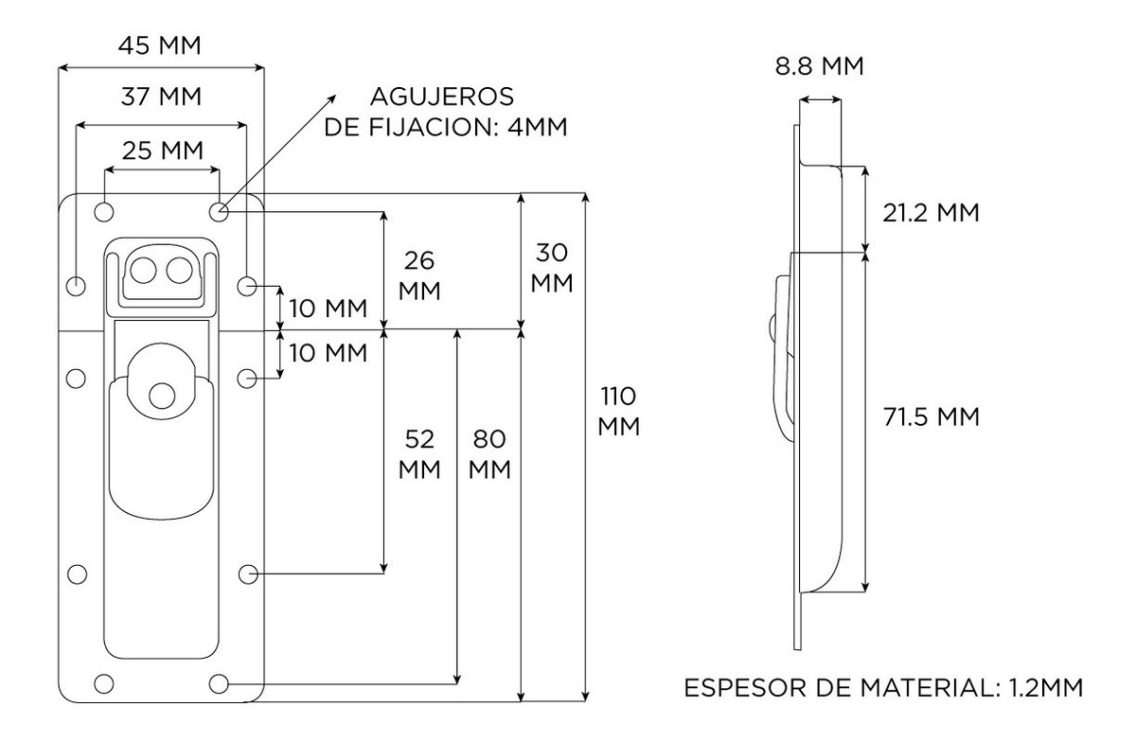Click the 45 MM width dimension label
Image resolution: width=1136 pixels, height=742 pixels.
point(160,45)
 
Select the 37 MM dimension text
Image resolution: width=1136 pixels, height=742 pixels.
point(161,96)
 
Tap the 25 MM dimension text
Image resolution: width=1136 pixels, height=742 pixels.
point(162,150)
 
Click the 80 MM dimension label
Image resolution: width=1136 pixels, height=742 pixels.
point(490,453)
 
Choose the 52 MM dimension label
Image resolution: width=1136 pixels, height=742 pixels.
point(419,453)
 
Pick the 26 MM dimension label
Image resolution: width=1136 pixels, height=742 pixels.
point(419,274)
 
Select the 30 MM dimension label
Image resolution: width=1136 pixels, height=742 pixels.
point(552,268)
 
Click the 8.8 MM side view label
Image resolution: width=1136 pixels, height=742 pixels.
point(818,67)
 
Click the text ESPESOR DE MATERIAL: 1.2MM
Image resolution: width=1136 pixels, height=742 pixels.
point(883,686)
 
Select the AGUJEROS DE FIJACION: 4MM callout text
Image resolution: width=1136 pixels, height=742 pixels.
point(445,112)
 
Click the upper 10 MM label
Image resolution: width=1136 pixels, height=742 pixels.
point(328,309)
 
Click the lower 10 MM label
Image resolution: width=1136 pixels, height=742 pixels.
point(328,353)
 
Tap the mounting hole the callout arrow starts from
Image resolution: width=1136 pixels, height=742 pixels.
point(219,211)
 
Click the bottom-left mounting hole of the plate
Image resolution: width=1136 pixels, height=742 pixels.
point(105,682)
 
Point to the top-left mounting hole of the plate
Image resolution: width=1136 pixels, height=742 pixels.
point(105,211)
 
